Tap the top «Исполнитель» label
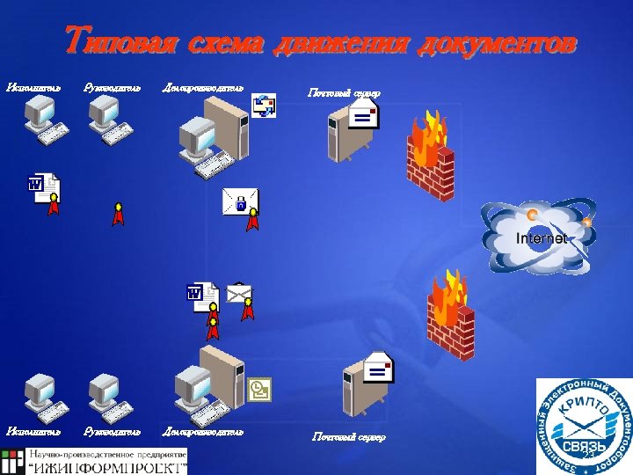33,86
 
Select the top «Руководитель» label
112,86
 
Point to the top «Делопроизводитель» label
203,86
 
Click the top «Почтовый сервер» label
343,92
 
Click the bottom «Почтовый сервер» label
349,436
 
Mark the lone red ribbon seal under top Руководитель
118,215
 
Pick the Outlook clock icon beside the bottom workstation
259,387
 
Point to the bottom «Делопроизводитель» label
203,431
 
